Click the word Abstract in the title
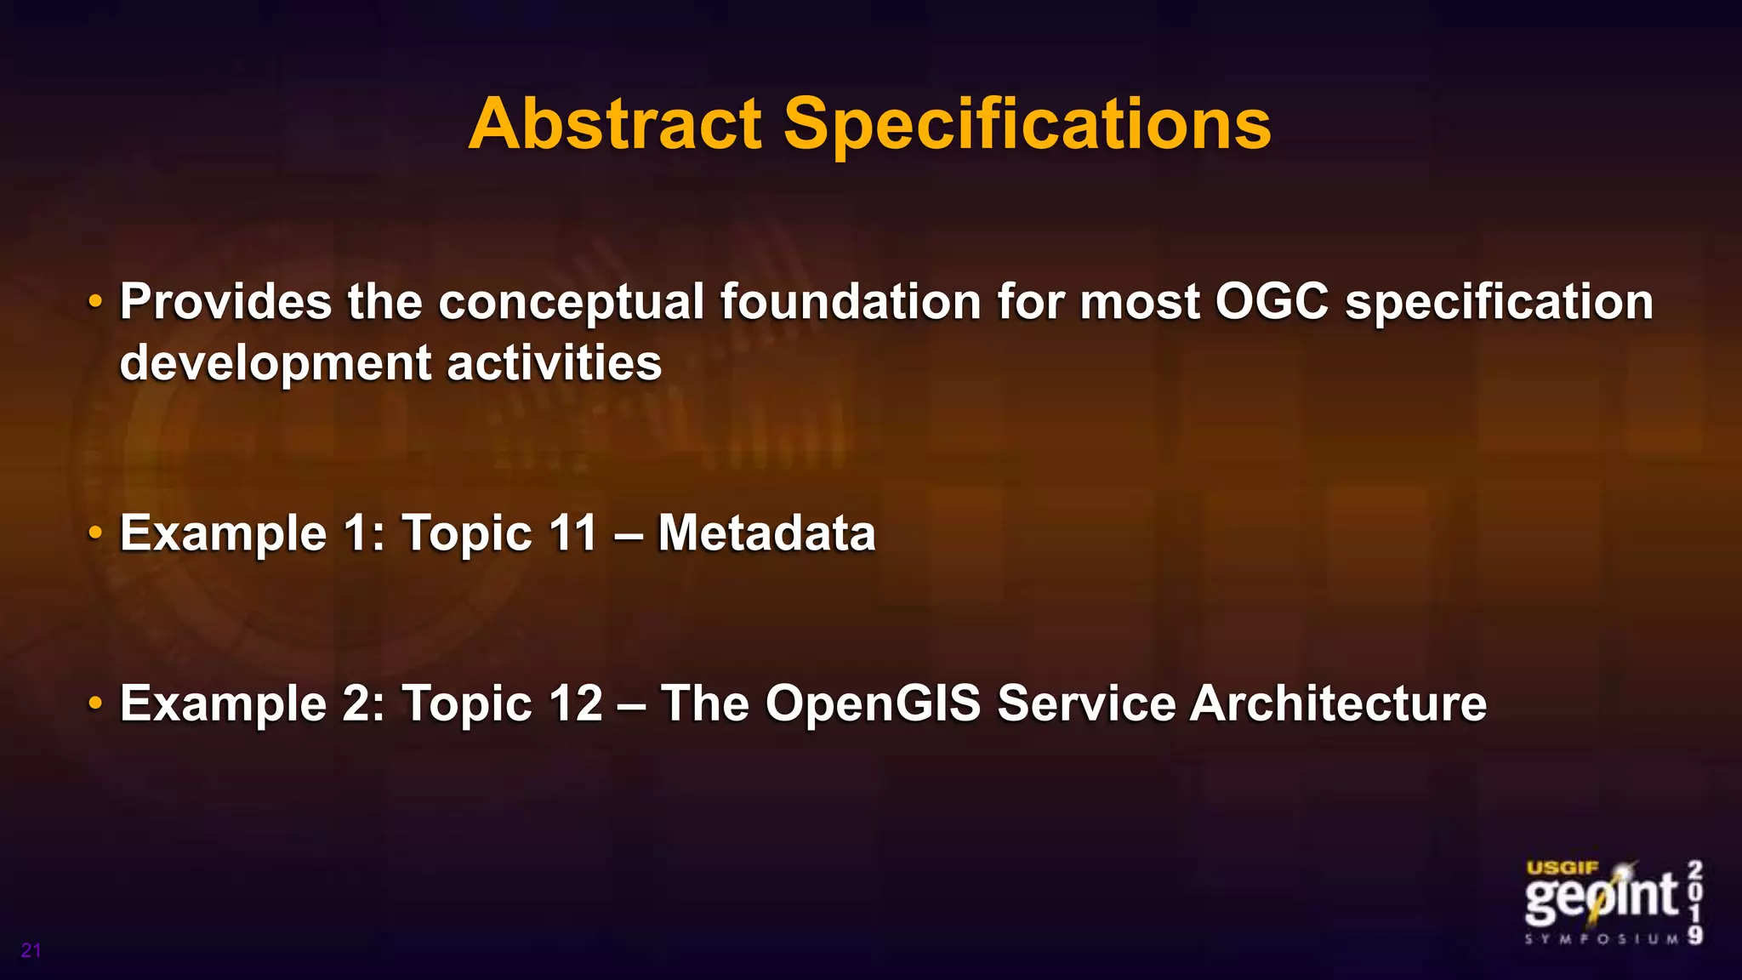tap(614, 124)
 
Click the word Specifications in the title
tap(1027, 124)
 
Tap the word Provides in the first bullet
tap(225, 301)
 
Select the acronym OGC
tap(1272, 301)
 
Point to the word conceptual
tap(572, 303)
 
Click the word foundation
tap(851, 301)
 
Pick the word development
tap(275, 364)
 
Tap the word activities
tap(554, 362)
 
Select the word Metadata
tap(766, 533)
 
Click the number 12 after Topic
tap(575, 704)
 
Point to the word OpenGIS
tap(873, 704)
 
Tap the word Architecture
tap(1338, 704)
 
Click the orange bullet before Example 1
tap(95, 533)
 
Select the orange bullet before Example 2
tap(95, 704)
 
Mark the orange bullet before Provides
tap(95, 301)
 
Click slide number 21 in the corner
tap(31, 950)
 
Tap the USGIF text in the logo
tap(1563, 869)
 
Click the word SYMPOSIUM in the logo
tap(1602, 939)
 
